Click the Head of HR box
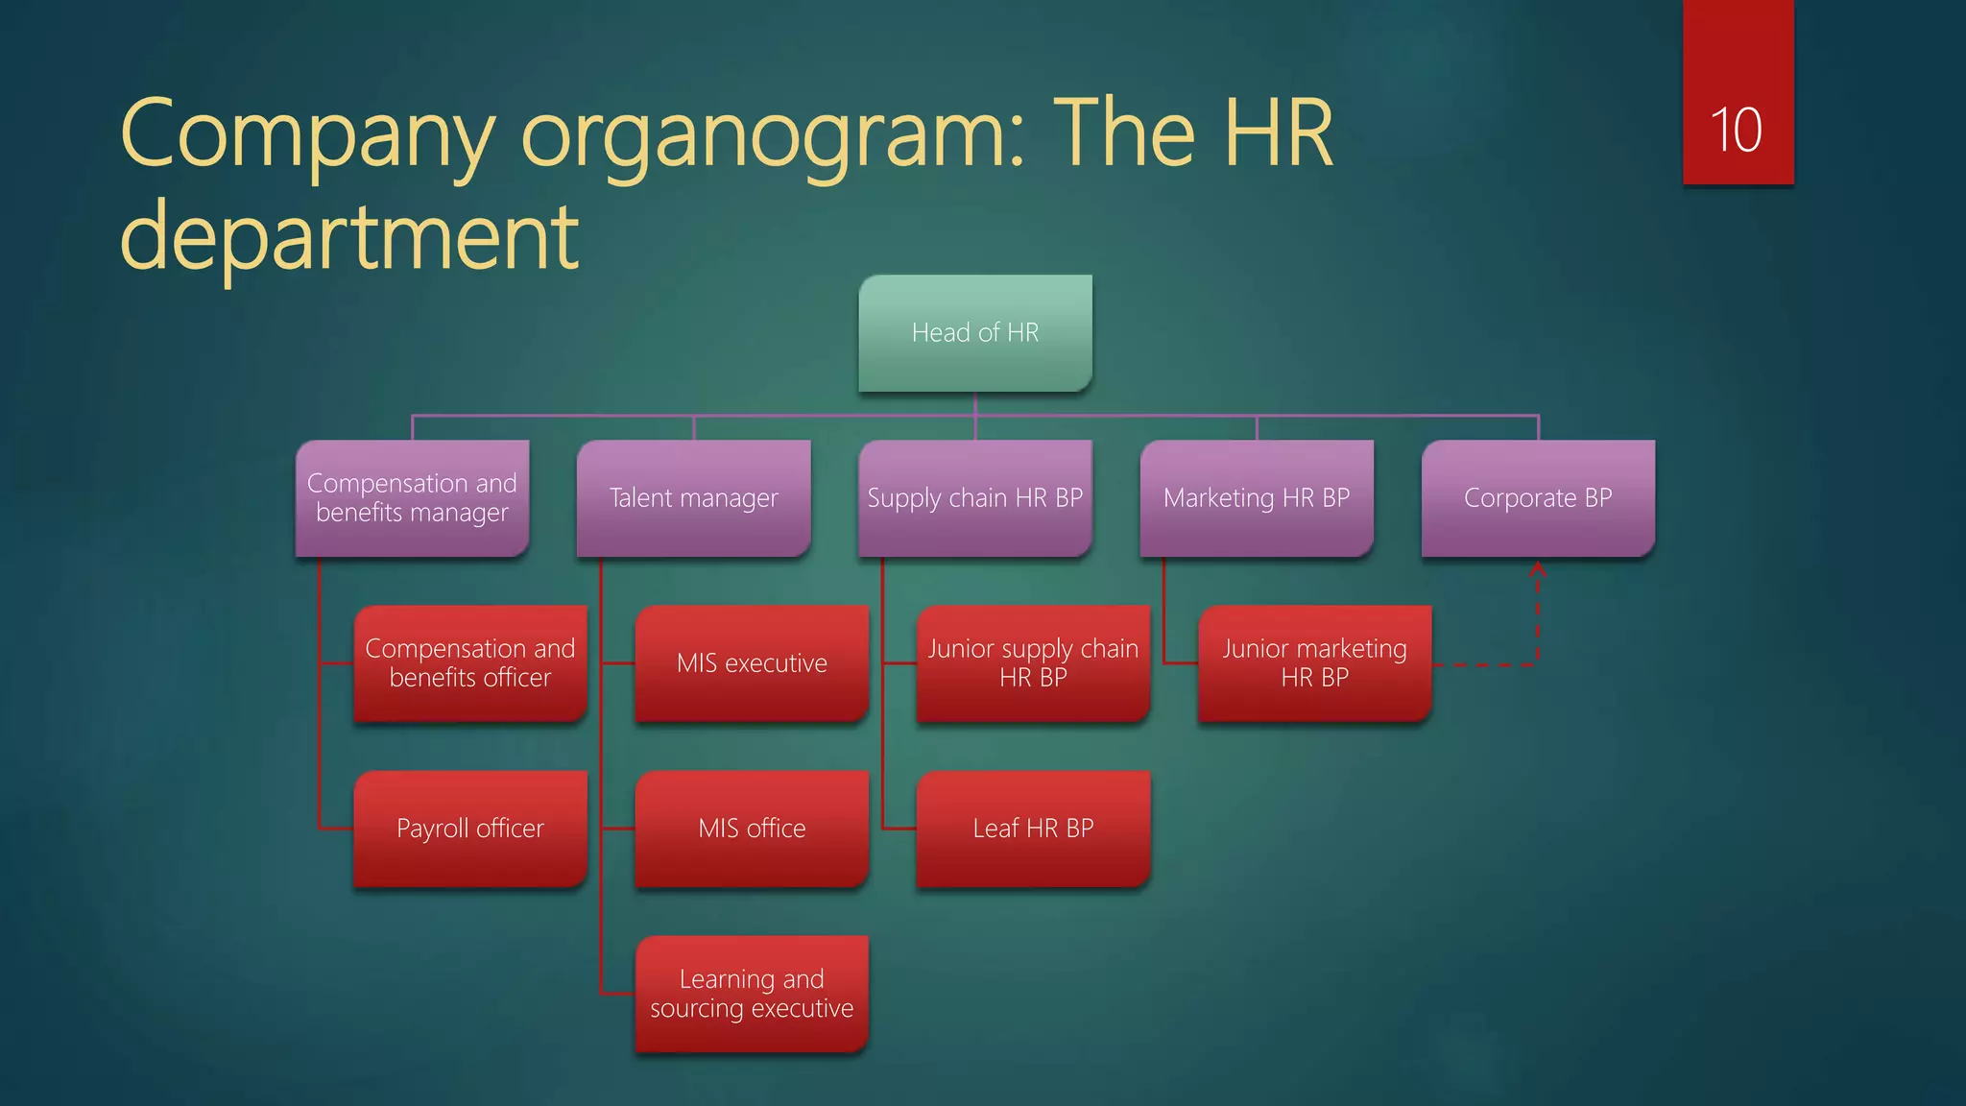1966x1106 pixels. (975, 332)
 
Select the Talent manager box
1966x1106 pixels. (693, 497)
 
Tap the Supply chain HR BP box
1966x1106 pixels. (975, 497)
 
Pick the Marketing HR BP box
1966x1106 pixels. (1257, 497)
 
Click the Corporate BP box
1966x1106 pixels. (1538, 497)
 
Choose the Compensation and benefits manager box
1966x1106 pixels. (412, 497)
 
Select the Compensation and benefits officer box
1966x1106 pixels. (470, 662)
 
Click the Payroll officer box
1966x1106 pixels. (470, 828)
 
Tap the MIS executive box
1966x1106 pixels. (752, 662)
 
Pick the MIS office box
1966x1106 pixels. (752, 828)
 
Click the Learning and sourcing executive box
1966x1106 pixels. (752, 993)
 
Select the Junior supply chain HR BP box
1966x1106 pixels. (1033, 662)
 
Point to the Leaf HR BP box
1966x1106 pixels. (1033, 828)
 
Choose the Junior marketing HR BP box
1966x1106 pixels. (1314, 662)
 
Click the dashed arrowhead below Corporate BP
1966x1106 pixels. (1537, 569)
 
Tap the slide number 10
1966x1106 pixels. (1737, 131)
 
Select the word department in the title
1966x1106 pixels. (349, 236)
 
